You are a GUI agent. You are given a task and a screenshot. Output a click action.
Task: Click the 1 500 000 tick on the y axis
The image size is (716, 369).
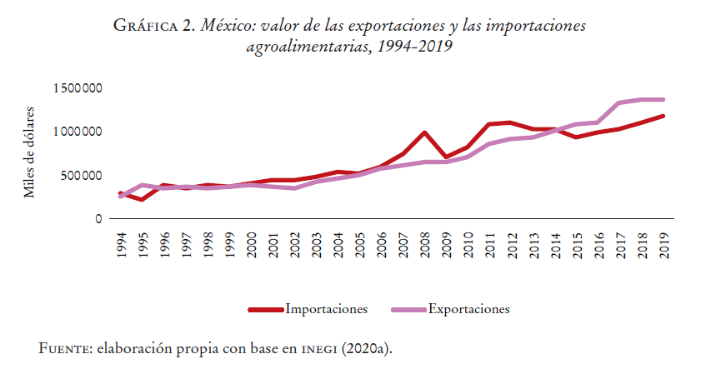point(77,88)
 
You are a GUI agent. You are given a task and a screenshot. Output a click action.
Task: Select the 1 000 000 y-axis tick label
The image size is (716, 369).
point(77,132)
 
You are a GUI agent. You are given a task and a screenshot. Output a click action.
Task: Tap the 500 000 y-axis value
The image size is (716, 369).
point(82,175)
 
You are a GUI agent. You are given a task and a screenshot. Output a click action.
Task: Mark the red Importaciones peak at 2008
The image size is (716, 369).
point(425,132)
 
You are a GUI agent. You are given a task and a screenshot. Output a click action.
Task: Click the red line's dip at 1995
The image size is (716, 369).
point(143,199)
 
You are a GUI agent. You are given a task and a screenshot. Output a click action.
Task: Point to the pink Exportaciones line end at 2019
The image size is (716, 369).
point(663,100)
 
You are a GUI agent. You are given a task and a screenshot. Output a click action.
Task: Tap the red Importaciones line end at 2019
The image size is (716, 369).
point(663,116)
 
